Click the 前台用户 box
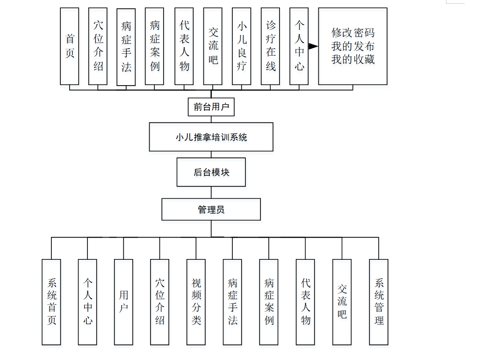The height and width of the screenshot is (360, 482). point(211,107)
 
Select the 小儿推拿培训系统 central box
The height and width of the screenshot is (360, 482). point(211,137)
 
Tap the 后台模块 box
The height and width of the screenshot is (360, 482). point(211,172)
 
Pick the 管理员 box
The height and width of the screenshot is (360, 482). point(211,209)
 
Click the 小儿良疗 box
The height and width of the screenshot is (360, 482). point(242,46)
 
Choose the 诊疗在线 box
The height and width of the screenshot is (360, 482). point(271,46)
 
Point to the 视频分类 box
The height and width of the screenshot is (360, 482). point(196,302)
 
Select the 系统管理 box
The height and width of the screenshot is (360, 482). point(379,302)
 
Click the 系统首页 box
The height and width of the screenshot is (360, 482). point(51,302)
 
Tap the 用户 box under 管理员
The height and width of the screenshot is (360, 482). point(124,302)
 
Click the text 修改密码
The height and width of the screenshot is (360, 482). point(353,33)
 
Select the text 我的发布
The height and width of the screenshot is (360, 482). point(353,46)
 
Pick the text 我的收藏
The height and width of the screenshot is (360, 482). point(353,59)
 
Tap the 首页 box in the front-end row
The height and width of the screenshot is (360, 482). point(70,46)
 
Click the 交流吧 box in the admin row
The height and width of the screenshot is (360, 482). point(342,302)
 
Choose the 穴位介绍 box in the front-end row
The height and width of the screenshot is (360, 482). point(98,46)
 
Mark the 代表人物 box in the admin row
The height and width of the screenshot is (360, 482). point(306,302)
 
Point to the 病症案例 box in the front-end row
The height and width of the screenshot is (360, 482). point(155,46)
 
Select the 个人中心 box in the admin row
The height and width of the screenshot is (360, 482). point(87,302)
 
